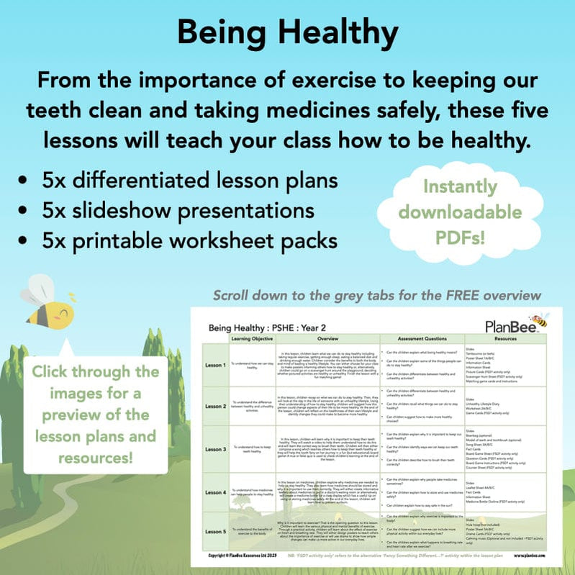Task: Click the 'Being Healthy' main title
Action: coord(287,33)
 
